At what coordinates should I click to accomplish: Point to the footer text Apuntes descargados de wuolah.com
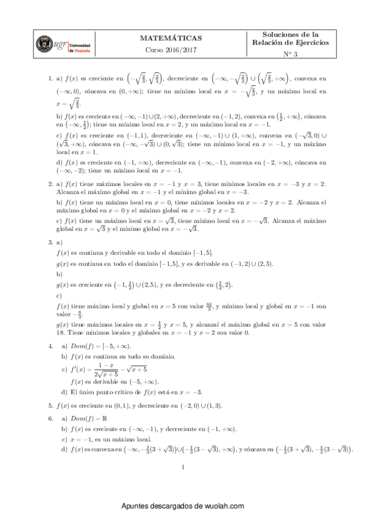[x=183, y=506]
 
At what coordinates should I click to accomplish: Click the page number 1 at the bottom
[x=183, y=468]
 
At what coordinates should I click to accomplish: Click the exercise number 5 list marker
[x=49, y=405]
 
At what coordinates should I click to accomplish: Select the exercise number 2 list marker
[x=49, y=183]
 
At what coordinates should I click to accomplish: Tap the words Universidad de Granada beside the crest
[x=82, y=48]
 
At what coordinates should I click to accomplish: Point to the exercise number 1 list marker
[x=49, y=79]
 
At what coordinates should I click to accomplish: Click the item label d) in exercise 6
[x=64, y=449]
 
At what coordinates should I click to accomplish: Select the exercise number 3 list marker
[x=49, y=243]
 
